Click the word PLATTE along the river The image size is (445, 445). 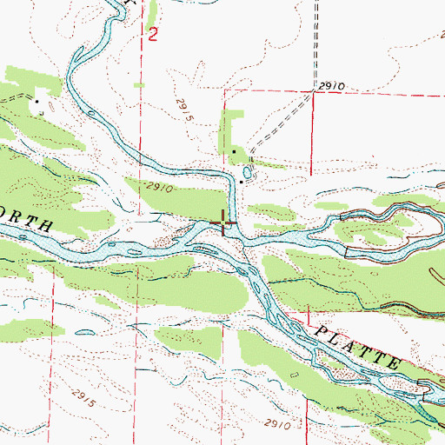click(355, 346)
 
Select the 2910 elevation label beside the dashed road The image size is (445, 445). click(331, 87)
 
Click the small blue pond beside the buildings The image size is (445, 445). click(249, 172)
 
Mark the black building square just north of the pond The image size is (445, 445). click(235, 154)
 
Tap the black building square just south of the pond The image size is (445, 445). click(242, 183)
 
